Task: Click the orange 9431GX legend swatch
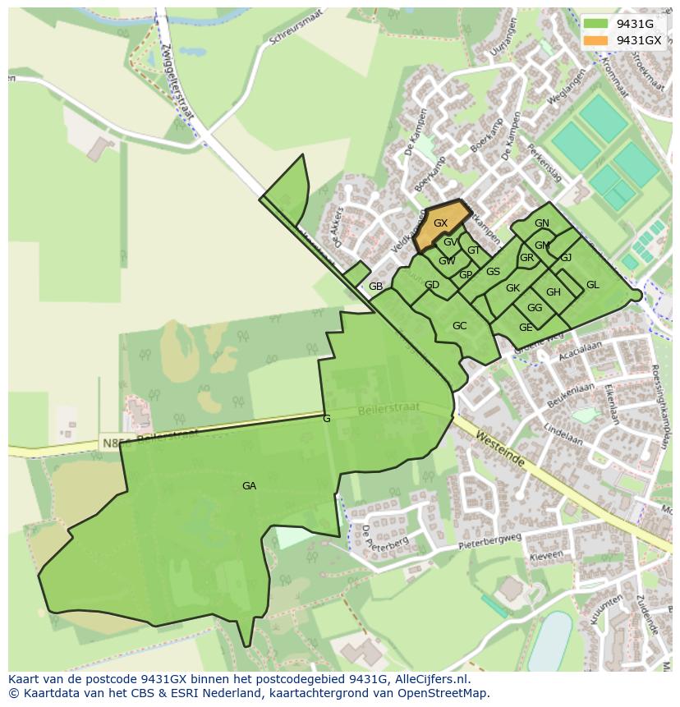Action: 596,40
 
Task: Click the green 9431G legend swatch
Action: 596,24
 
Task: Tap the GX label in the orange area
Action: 440,223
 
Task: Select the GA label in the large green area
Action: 249,486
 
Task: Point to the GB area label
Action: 375,287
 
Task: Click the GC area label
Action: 459,326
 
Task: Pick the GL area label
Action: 592,285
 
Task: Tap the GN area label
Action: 541,223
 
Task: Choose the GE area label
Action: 526,328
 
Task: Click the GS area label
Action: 493,272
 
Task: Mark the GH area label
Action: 553,292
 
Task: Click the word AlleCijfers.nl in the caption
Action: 431,679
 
